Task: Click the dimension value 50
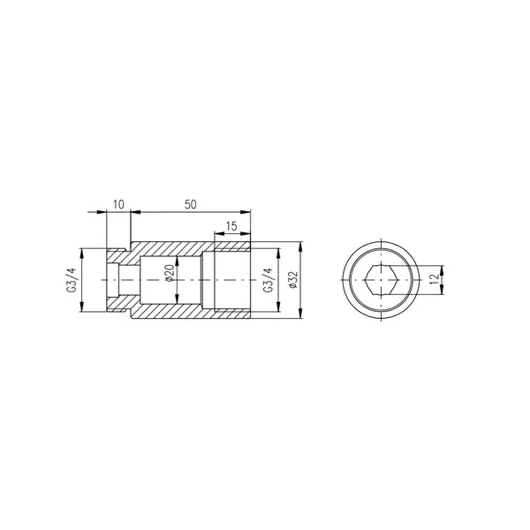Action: [x=190, y=204]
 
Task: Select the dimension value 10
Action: [x=117, y=204]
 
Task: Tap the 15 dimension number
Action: [x=231, y=227]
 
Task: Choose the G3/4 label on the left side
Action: [x=72, y=281]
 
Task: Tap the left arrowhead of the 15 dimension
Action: [x=216, y=234]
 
